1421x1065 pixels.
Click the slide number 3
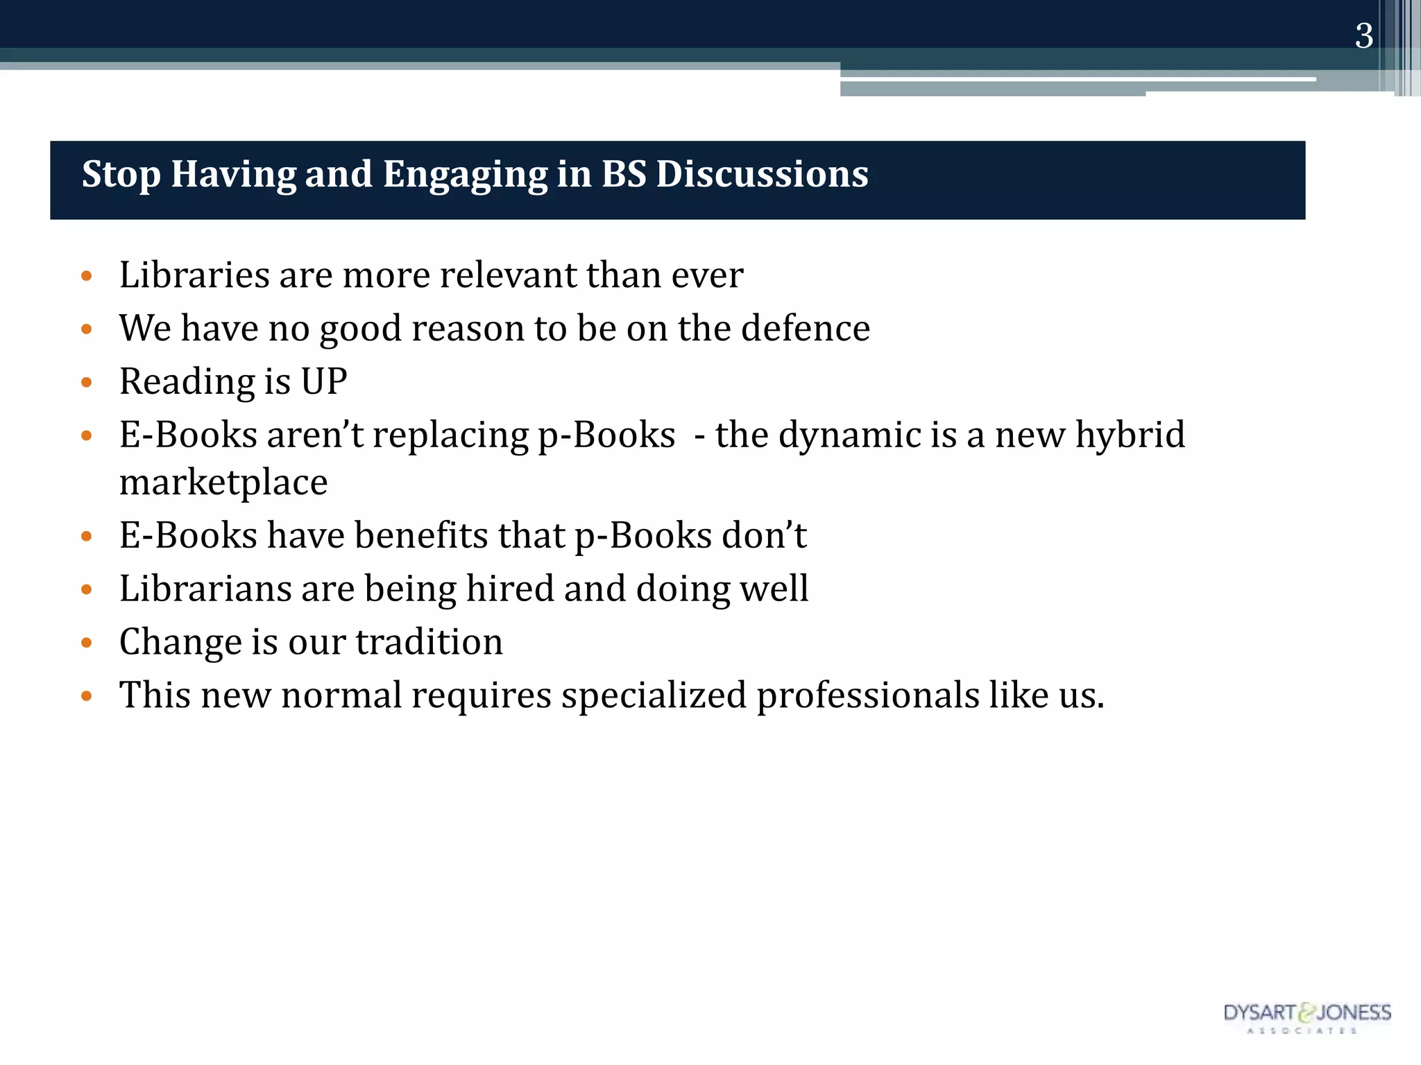click(1363, 36)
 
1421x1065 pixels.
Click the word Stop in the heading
click(121, 174)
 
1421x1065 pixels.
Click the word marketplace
click(223, 483)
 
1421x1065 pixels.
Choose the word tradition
click(429, 642)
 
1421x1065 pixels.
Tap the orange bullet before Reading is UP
click(87, 382)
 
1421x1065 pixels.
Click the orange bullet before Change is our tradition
click(87, 643)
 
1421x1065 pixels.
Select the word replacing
click(451, 436)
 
